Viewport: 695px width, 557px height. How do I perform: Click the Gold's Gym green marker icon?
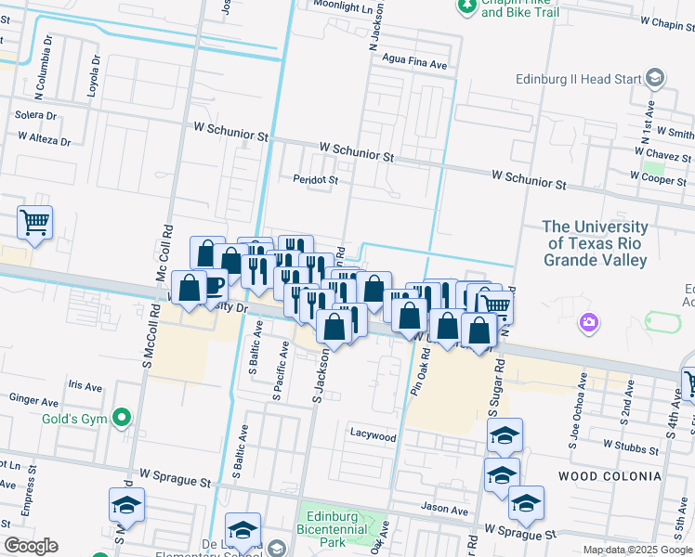120,419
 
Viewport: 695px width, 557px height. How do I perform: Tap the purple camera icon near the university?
587,323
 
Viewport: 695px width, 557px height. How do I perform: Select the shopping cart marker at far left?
35,222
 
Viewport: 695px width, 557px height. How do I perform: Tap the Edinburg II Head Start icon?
655,78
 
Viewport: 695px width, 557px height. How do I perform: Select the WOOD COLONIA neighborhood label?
610,476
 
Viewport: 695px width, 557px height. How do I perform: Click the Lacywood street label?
373,435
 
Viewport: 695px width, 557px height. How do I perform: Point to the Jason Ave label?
445,510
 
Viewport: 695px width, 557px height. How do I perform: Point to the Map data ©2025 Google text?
636,550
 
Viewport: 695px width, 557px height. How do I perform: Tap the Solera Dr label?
36,116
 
